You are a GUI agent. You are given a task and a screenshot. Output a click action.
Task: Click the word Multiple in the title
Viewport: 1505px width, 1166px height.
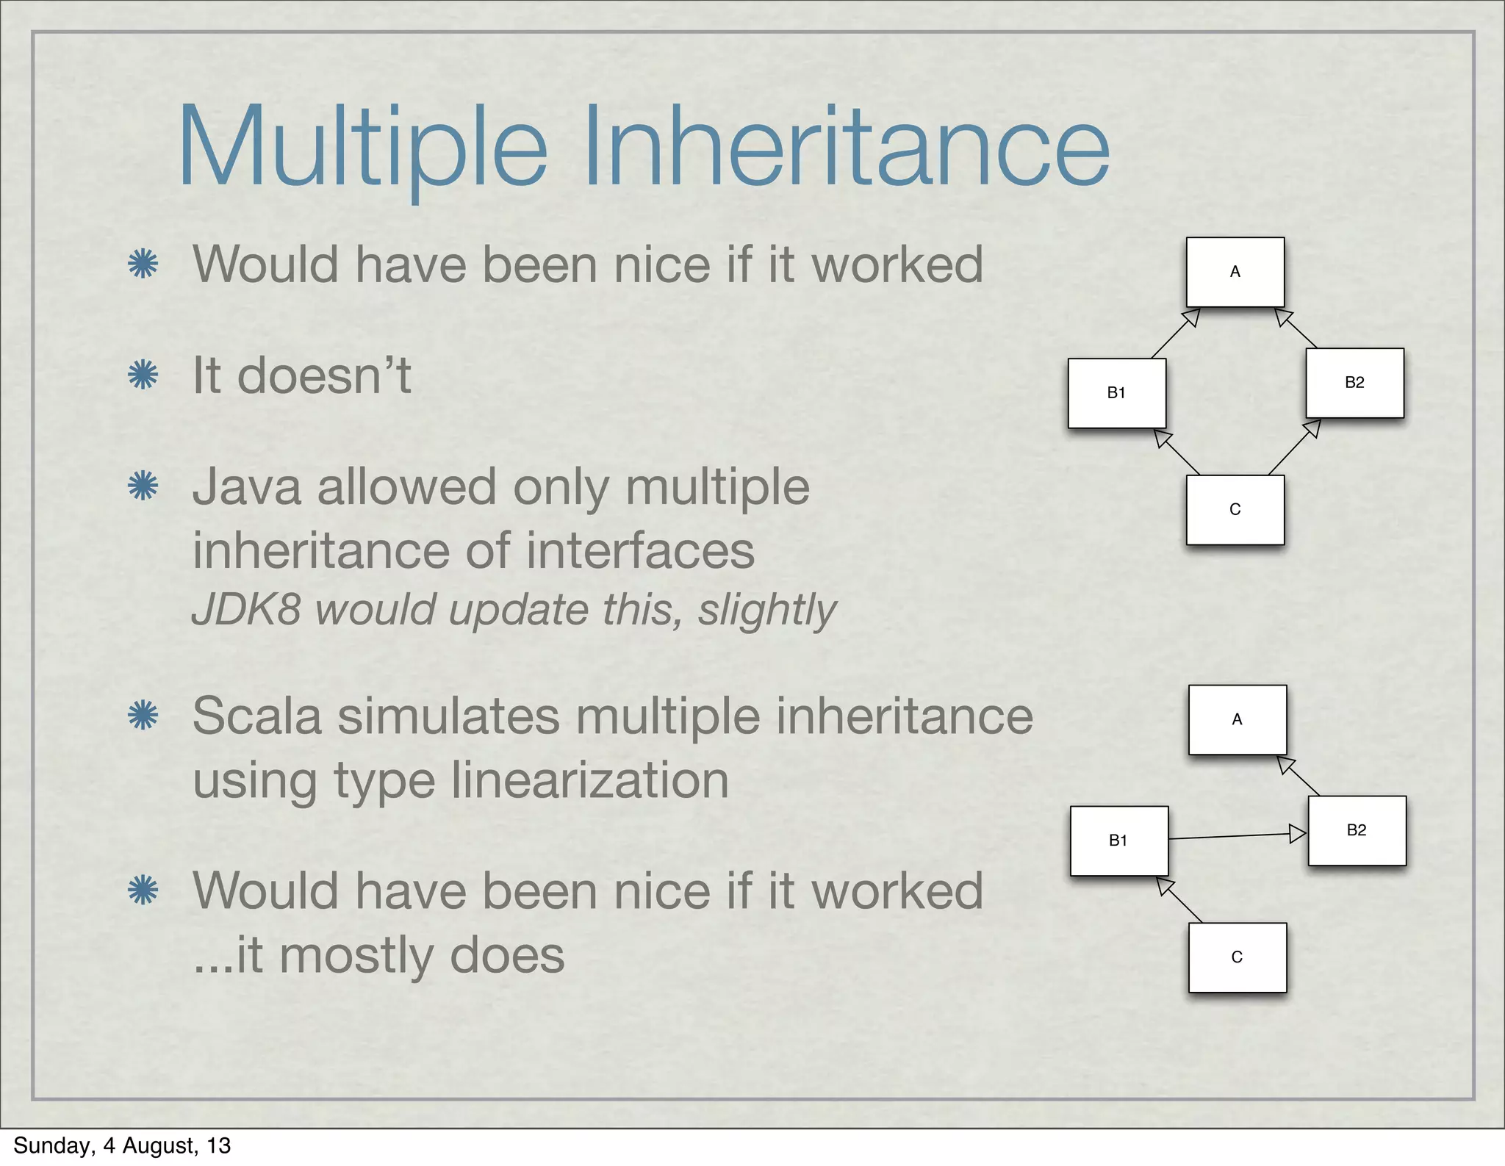pos(362,146)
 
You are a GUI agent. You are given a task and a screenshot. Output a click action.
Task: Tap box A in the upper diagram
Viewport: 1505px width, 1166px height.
pos(1235,272)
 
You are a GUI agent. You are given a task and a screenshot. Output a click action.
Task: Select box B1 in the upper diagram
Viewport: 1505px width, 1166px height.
pos(1116,393)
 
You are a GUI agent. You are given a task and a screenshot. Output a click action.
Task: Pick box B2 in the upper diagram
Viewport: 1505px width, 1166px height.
pos(1354,383)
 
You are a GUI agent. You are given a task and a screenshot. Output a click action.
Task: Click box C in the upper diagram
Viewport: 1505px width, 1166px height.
pos(1235,510)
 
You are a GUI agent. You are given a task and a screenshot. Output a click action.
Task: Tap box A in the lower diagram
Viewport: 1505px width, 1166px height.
pos(1237,719)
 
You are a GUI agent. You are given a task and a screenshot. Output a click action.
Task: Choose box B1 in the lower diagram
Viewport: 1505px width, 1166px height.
pos(1118,841)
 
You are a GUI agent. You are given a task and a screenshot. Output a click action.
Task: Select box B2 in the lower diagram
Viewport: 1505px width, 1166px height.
pos(1357,830)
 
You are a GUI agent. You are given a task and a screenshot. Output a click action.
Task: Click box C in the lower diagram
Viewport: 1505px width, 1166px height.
pos(1237,957)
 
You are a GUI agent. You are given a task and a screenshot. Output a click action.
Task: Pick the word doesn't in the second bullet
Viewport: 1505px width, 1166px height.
pos(324,375)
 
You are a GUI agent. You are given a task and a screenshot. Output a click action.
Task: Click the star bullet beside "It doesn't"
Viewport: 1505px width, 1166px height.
pos(143,375)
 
